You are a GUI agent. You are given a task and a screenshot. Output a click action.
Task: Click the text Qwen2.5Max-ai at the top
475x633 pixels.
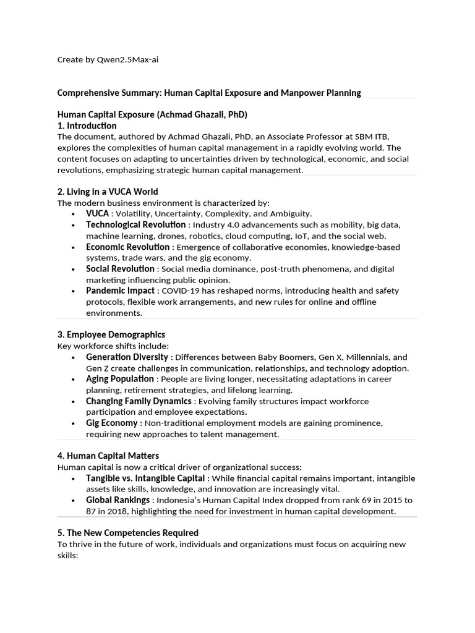pyautogui.click(x=132, y=59)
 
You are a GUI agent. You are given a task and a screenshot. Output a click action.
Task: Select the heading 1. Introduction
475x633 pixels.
pyautogui.click(x=87, y=125)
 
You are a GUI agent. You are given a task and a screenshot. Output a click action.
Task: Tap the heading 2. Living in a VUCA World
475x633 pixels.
pyautogui.click(x=108, y=191)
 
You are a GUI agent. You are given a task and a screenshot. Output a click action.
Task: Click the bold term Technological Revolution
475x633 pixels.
pyautogui.click(x=135, y=224)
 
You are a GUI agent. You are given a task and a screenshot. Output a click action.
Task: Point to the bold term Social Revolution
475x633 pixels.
pyautogui.click(x=120, y=269)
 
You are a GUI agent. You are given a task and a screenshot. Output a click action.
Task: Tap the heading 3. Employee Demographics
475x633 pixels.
pyautogui.click(x=111, y=334)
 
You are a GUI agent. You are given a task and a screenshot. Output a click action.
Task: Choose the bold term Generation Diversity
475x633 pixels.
pyautogui.click(x=127, y=357)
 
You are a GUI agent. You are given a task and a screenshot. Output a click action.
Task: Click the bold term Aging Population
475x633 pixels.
pyautogui.click(x=120, y=378)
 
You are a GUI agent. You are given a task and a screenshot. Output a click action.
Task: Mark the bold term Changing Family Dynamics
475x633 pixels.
pyautogui.click(x=139, y=401)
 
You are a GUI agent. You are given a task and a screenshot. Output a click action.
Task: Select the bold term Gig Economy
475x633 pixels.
pyautogui.click(x=111, y=423)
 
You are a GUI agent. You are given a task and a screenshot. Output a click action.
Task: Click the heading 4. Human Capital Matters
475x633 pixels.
pyautogui.click(x=108, y=456)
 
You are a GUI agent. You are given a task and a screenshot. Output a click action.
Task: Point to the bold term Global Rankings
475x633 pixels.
pyautogui.click(x=118, y=499)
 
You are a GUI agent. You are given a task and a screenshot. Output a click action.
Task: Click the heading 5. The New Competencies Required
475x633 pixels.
pyautogui.click(x=128, y=532)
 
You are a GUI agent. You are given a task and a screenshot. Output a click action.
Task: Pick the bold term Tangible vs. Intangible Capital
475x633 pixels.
pyautogui.click(x=145, y=478)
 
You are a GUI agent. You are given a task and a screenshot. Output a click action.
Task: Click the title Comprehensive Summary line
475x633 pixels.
pyautogui.click(x=209, y=93)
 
